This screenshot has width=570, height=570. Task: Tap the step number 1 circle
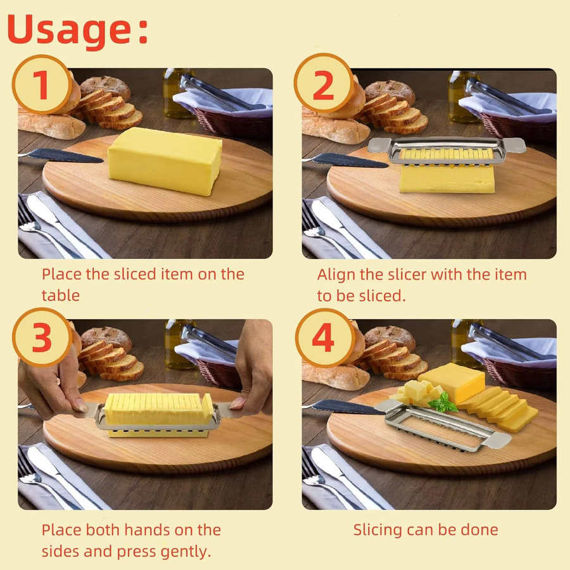tap(42, 85)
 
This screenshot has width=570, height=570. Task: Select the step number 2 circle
tap(323, 84)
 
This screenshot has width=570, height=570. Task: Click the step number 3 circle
tap(42, 338)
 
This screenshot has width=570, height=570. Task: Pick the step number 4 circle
tap(324, 338)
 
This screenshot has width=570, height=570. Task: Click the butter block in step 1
tap(165, 161)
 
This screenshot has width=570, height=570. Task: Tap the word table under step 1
tap(60, 295)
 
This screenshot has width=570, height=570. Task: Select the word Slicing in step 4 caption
tap(377, 530)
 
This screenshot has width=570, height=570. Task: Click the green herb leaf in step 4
tap(443, 403)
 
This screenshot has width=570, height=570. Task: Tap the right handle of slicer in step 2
tap(514, 145)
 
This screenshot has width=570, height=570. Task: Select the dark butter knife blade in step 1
tap(65, 156)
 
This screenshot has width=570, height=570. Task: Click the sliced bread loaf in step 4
tap(397, 360)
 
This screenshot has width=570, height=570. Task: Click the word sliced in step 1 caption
tap(135, 274)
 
